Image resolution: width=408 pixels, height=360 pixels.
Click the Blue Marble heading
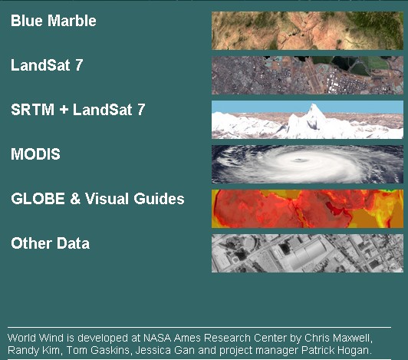pyautogui.click(x=54, y=21)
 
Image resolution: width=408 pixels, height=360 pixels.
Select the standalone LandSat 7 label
pyautogui.click(x=47, y=65)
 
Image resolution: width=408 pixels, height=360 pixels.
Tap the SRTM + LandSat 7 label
pyautogui.click(x=77, y=110)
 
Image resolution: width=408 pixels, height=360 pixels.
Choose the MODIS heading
pyautogui.click(x=35, y=154)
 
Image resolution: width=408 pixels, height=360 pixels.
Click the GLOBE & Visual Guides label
pyautogui.click(x=97, y=199)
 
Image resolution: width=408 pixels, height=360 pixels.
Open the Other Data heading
pyautogui.click(x=50, y=243)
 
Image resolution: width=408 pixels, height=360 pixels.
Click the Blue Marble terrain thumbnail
pyautogui.click(x=308, y=31)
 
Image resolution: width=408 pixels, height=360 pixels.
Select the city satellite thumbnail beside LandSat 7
pyautogui.click(x=308, y=75)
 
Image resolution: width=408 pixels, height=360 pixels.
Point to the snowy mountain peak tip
pyautogui.click(x=314, y=104)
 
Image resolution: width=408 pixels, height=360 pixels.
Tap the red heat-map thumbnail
pyautogui.click(x=308, y=209)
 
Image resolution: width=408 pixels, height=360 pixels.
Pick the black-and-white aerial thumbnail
pyautogui.click(x=308, y=253)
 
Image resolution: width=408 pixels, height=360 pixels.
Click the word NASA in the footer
pyautogui.click(x=157, y=338)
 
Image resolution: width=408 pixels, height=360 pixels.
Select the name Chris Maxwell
pyautogui.click(x=338, y=338)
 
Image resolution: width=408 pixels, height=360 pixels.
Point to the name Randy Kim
pyautogui.click(x=35, y=350)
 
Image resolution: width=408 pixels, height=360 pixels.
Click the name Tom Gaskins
pyautogui.click(x=98, y=350)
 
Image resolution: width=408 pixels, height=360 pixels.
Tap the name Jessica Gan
pyautogui.click(x=165, y=350)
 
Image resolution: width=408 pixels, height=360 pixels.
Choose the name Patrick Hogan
pyautogui.click(x=337, y=350)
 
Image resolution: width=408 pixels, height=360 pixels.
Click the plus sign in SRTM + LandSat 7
pyautogui.click(x=64, y=110)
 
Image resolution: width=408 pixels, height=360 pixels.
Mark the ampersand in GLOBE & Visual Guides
pyautogui.click(x=75, y=199)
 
